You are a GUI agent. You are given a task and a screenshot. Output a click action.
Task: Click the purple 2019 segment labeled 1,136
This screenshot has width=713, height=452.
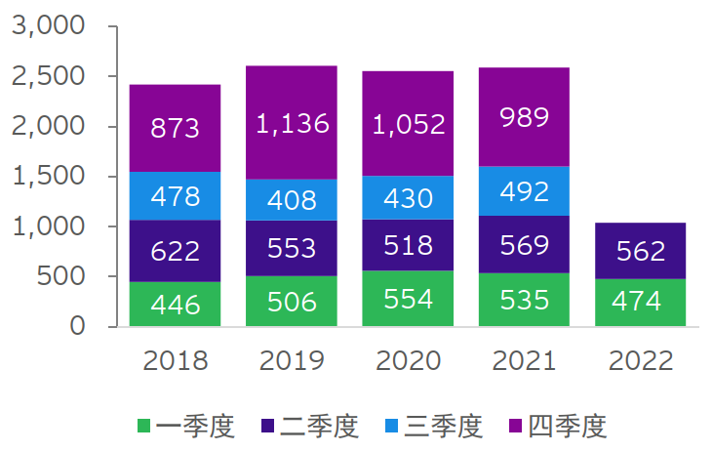pos(292,122)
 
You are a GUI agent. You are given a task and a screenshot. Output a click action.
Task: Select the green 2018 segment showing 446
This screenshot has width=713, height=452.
pos(176,304)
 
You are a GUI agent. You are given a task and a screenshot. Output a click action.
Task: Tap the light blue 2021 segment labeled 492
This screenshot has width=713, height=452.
pos(524,190)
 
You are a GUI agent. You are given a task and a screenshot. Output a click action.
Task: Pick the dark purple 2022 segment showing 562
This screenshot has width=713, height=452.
pos(641,251)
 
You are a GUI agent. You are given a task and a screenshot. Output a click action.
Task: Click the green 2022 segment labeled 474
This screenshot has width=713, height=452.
pos(641,302)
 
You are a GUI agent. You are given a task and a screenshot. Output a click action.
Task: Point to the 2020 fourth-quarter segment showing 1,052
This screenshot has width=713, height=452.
pos(408,123)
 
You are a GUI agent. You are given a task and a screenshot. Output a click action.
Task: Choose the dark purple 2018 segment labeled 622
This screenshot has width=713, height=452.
pos(176,251)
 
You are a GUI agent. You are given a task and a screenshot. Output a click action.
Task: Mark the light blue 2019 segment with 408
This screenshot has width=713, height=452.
pos(292,199)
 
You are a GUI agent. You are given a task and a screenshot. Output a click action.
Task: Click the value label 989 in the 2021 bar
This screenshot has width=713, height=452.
pos(524,117)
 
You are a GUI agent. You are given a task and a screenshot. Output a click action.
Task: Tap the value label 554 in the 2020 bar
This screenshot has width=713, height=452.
pos(408,299)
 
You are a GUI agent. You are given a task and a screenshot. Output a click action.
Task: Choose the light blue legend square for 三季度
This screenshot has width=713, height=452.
pos(392,427)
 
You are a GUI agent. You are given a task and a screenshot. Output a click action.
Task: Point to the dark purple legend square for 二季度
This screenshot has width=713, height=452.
pos(268,427)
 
